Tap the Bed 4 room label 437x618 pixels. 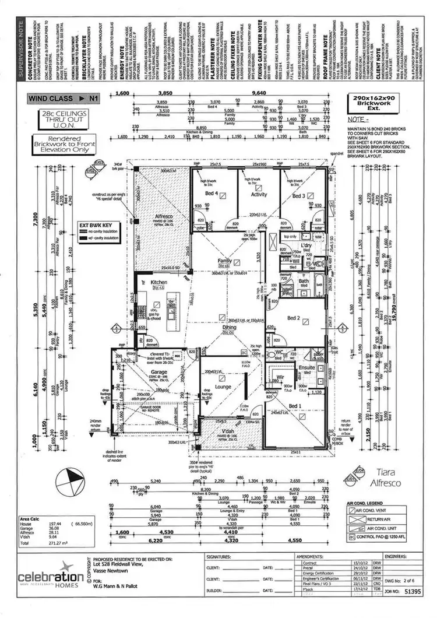pyautogui.click(x=211, y=194)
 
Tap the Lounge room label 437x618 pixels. pyautogui.click(x=222, y=387)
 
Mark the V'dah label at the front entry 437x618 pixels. pyautogui.click(x=226, y=434)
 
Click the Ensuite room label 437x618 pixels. pyautogui.click(x=306, y=368)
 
